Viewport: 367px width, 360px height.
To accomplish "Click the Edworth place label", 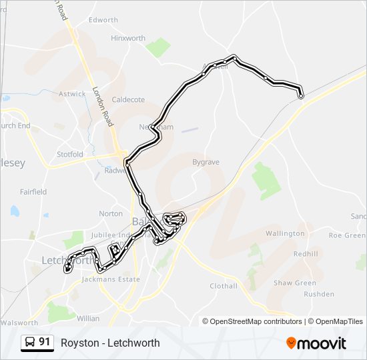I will tap(103, 20).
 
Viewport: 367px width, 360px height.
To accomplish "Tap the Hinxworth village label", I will tap(128, 38).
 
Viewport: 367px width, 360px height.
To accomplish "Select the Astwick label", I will tap(73, 94).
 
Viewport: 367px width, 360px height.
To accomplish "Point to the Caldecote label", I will tap(128, 99).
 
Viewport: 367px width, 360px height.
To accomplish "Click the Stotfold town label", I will tap(70, 155).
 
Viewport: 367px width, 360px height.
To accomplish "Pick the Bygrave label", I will tap(206, 162).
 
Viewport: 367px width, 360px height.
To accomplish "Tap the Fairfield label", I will tap(33, 192).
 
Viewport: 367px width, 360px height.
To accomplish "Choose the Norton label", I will tap(111, 213).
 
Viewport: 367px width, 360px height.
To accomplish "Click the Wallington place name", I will tap(285, 233).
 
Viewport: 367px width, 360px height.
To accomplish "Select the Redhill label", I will tap(306, 253).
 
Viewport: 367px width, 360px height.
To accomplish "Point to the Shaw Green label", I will tap(295, 283).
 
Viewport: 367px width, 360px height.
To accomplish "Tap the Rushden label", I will tap(318, 294).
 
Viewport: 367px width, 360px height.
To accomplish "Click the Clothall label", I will tap(224, 286).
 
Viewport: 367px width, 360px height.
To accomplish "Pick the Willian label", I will tap(88, 319).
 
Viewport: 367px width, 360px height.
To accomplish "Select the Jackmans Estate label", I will tap(111, 279).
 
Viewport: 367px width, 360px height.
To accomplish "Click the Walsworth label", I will tap(19, 323).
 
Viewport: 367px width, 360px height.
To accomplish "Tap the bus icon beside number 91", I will tap(30, 343).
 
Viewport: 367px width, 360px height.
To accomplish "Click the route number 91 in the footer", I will tap(45, 342).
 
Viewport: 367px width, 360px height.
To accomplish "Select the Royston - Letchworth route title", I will tap(110, 343).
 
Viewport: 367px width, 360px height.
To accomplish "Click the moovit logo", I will tap(316, 343).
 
